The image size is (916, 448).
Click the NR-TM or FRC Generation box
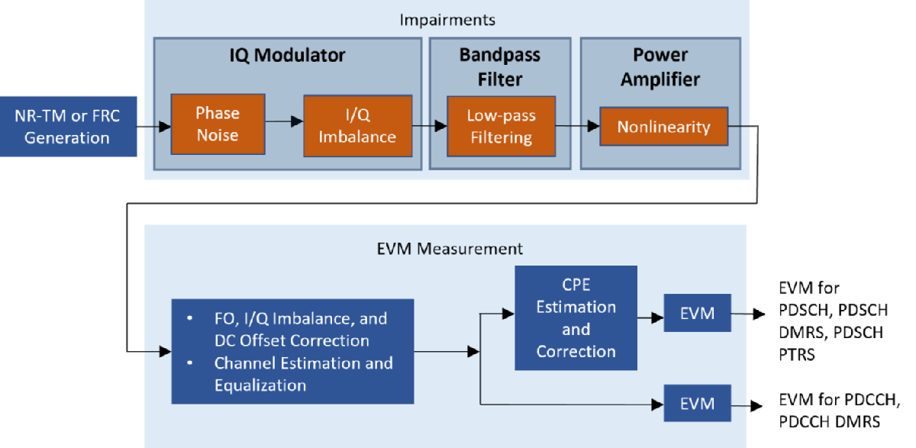67,126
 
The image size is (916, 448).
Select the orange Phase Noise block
218,124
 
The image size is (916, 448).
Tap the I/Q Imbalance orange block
357,126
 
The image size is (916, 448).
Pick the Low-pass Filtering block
501,126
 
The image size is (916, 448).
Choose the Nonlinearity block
663,127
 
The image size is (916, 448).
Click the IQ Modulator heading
288,56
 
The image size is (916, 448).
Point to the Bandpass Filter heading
499,66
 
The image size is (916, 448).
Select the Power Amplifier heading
660,66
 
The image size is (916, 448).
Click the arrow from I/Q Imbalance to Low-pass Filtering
430,126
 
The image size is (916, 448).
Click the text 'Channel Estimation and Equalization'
303,374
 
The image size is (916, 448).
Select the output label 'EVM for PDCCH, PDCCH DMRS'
840,411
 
